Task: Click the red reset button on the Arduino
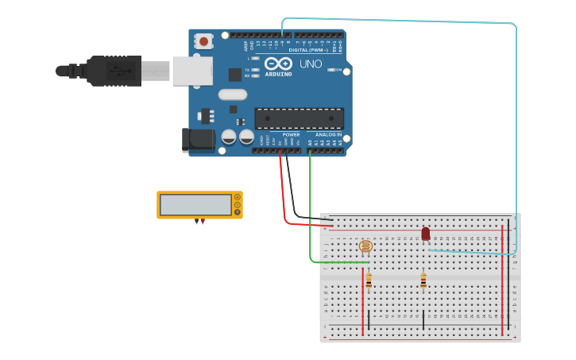[205, 41]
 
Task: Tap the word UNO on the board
[311, 64]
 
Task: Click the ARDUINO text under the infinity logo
[278, 74]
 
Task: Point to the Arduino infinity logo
[278, 64]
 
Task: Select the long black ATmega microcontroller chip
[300, 118]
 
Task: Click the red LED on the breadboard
[426, 234]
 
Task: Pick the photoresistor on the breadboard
[365, 246]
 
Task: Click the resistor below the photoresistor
[369, 280]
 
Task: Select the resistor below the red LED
[423, 280]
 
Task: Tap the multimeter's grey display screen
[195, 205]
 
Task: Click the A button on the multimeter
[237, 197]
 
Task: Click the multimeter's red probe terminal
[203, 221]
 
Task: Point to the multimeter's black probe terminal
[196, 221]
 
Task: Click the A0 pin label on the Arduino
[310, 142]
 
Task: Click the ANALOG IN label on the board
[328, 134]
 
